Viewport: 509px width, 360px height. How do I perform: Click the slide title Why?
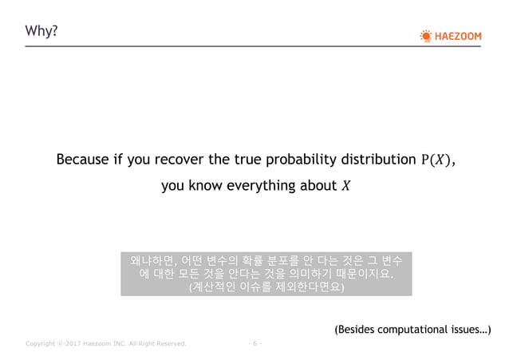click(41, 31)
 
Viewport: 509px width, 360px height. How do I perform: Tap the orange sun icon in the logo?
click(425, 35)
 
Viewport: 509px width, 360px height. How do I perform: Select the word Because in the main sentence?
click(83, 160)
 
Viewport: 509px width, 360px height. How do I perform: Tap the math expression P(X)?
click(437, 160)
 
